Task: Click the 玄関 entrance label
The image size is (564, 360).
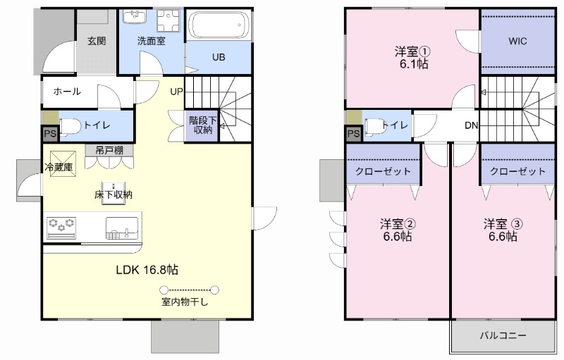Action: [97, 41]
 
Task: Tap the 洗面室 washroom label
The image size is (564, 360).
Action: [151, 41]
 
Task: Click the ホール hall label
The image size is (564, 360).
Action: [67, 92]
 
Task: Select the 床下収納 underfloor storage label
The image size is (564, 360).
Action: [114, 194]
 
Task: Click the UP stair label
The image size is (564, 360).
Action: [176, 92]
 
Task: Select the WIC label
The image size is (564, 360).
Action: [517, 41]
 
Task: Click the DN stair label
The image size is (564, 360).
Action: [472, 125]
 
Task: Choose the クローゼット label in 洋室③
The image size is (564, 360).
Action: [517, 171]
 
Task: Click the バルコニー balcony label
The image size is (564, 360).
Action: [503, 335]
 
